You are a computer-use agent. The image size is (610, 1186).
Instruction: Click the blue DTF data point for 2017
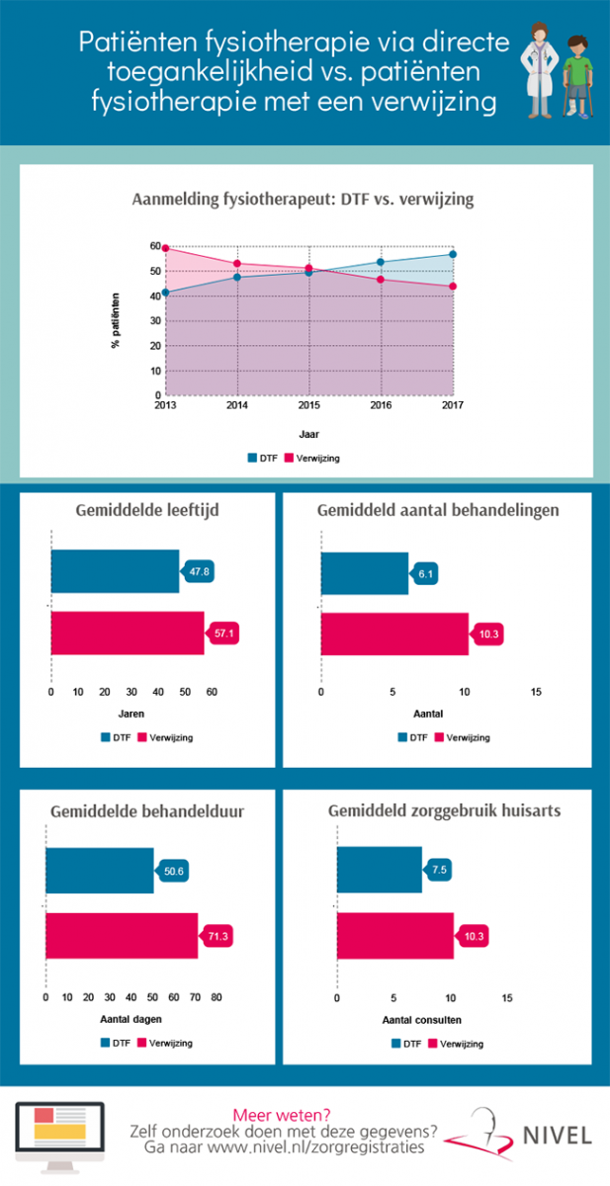453,255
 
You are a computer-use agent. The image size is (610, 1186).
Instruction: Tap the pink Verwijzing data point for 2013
165,248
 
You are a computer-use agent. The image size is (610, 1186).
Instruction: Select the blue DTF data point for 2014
237,278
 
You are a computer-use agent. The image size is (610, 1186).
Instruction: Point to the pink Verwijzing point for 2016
381,280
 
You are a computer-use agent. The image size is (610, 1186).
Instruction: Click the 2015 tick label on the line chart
309,405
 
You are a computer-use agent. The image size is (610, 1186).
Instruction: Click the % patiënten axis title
116,320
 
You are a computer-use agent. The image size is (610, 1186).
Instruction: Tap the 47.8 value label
198,572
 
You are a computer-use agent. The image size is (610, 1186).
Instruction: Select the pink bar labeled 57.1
128,634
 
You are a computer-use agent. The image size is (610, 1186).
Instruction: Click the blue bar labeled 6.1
365,573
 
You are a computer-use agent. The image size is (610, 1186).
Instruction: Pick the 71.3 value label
217,936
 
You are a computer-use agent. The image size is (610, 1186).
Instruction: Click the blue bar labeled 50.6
100,871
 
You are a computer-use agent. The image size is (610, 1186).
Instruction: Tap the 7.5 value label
438,870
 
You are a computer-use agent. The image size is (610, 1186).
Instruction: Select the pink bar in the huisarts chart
395,936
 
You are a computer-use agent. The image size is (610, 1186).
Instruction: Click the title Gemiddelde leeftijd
147,510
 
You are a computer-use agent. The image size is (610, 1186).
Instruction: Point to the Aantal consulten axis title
422,1020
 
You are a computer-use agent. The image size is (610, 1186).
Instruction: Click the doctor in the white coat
539,70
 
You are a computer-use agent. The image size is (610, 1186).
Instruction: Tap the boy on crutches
577,77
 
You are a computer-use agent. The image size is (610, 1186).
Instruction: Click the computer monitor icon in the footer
60,1137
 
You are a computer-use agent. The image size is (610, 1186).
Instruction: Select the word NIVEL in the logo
557,1137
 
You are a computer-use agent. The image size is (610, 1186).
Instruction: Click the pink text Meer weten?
282,1116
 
